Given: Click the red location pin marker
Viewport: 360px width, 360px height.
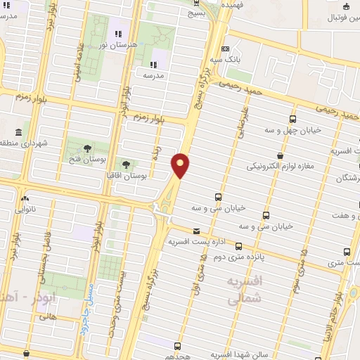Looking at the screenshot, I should click(181, 165).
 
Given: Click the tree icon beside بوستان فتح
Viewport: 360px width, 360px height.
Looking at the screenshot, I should click(87, 148).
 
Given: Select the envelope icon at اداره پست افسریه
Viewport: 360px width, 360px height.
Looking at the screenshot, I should click(195, 231).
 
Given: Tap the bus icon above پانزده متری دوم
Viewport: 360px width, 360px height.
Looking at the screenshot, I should click(239, 246).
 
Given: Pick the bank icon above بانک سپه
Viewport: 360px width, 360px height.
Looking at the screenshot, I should click(224, 49).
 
